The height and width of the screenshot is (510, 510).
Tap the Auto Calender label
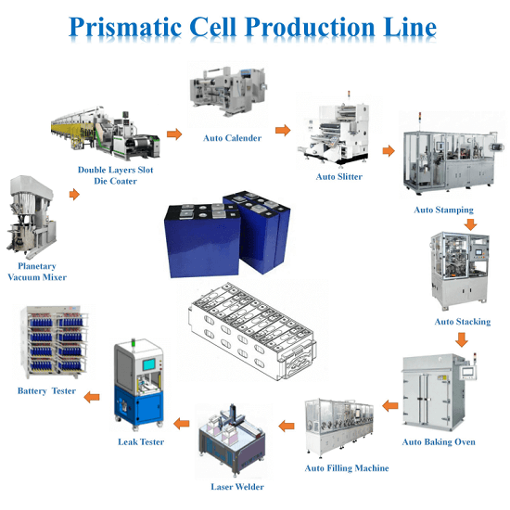(232, 138)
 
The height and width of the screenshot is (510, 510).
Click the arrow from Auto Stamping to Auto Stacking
(470, 223)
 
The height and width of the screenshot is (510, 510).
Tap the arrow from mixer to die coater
(71, 196)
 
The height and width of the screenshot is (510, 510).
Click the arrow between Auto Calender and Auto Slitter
(282, 129)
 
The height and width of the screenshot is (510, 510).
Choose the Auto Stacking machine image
(461, 273)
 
